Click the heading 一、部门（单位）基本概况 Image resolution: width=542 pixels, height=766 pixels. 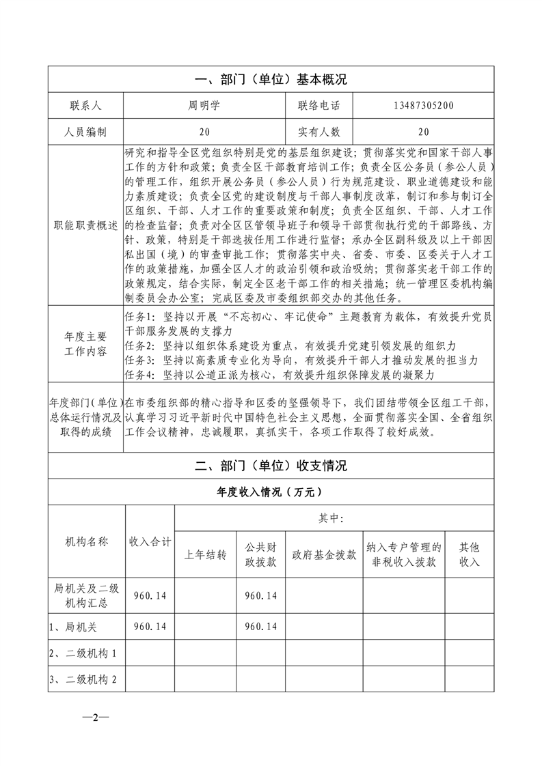point(271,80)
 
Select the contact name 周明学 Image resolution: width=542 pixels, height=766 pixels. point(205,106)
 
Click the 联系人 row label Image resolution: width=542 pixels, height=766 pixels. point(85,106)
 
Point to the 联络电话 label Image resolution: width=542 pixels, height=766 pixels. point(319,106)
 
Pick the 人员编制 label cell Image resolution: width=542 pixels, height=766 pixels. point(85,132)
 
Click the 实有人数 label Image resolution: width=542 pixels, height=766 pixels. point(319,132)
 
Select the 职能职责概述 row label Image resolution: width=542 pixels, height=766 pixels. point(85,225)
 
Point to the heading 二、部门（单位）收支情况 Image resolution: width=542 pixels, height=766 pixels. point(271,466)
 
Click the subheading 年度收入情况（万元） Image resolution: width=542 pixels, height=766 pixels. point(271,492)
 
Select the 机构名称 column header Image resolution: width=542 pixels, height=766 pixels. point(86,542)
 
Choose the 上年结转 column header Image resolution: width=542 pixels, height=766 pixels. point(206,554)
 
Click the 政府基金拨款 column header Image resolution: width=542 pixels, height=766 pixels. point(324,554)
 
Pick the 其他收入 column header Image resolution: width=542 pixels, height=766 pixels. point(469,554)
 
